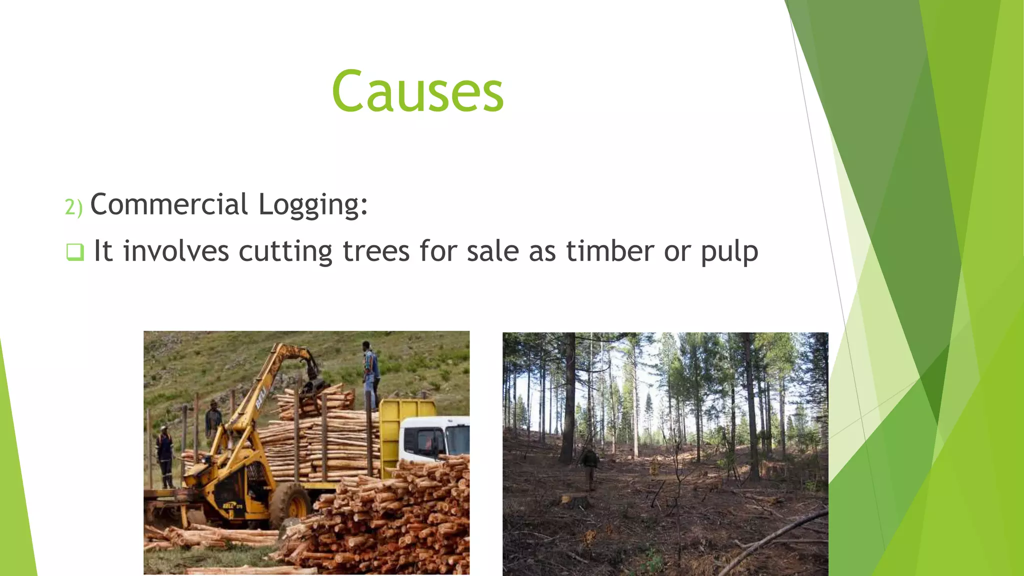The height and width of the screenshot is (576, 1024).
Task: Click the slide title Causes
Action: pyautogui.click(x=417, y=91)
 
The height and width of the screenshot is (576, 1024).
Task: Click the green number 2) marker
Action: pyautogui.click(x=73, y=206)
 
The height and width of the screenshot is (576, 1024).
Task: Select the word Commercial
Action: pyautogui.click(x=169, y=204)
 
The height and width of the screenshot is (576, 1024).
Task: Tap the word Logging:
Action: pyautogui.click(x=313, y=205)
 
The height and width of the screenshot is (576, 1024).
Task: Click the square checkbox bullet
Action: pyautogui.click(x=75, y=251)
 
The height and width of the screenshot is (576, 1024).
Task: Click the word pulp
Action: pyautogui.click(x=729, y=252)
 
